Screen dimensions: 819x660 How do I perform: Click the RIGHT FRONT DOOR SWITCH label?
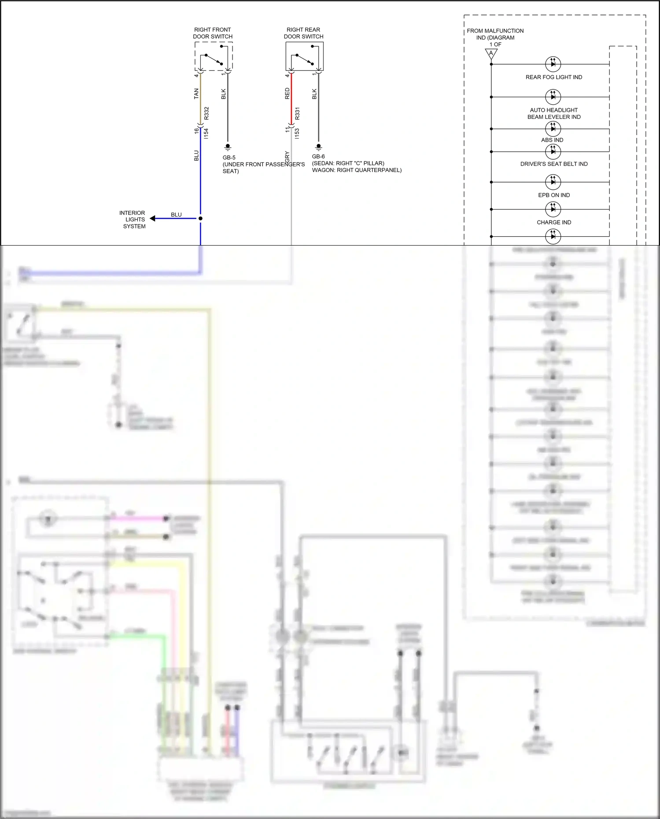click(213, 33)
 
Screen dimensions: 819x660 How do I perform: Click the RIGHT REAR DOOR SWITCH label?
click(303, 33)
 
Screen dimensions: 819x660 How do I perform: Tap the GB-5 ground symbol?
click(228, 147)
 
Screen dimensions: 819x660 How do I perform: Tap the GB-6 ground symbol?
click(319, 147)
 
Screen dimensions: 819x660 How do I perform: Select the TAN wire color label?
click(196, 93)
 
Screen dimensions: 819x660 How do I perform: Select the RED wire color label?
click(287, 93)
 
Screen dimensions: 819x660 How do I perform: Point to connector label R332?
click(206, 113)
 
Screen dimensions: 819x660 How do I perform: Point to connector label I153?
click(297, 134)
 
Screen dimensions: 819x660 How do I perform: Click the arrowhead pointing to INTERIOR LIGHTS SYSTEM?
click(152, 218)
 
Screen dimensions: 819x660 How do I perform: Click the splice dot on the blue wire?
click(200, 218)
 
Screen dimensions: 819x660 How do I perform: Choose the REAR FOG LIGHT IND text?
click(553, 77)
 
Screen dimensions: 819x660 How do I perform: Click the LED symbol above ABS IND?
click(553, 129)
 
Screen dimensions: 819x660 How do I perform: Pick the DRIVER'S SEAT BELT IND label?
click(553, 164)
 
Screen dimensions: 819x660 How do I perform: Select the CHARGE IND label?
click(553, 222)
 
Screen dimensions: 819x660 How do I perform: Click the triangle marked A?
click(491, 54)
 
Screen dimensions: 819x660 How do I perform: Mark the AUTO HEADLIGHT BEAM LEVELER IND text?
click(553, 114)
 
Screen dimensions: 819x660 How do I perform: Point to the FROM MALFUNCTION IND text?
click(495, 34)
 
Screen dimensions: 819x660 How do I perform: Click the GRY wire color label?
click(287, 156)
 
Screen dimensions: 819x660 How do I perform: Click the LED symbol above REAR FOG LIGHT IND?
click(553, 64)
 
